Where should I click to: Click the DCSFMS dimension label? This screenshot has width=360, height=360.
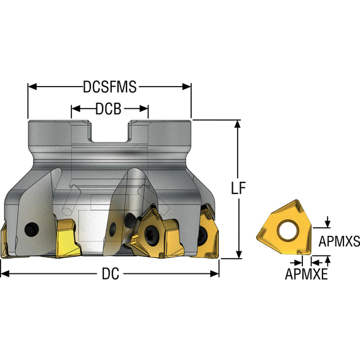[110, 87]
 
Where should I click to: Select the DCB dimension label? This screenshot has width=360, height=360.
[108, 109]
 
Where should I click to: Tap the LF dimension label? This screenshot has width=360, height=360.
[238, 188]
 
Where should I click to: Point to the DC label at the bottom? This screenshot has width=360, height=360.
[111, 273]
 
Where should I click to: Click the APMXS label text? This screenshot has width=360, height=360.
[339, 241]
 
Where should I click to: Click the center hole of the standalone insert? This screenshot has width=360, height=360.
[288, 230]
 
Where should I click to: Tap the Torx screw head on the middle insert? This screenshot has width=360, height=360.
[151, 233]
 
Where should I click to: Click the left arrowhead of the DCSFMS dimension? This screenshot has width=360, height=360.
[33, 87]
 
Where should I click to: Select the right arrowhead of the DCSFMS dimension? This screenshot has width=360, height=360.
[187, 87]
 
